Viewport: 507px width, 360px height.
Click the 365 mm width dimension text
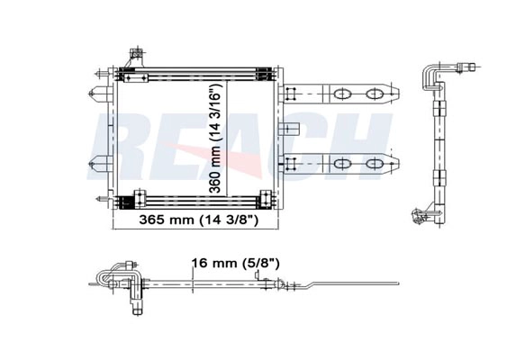click(198, 220)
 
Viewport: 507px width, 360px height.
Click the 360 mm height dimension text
click(214, 138)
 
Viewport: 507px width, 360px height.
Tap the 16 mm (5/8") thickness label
click(235, 263)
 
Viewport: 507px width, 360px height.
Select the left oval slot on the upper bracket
click(342, 94)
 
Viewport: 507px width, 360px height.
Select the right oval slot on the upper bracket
click(374, 94)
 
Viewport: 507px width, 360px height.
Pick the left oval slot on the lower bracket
click(342, 164)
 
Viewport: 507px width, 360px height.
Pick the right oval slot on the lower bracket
click(374, 164)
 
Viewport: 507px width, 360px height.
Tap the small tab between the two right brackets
click(290, 129)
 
